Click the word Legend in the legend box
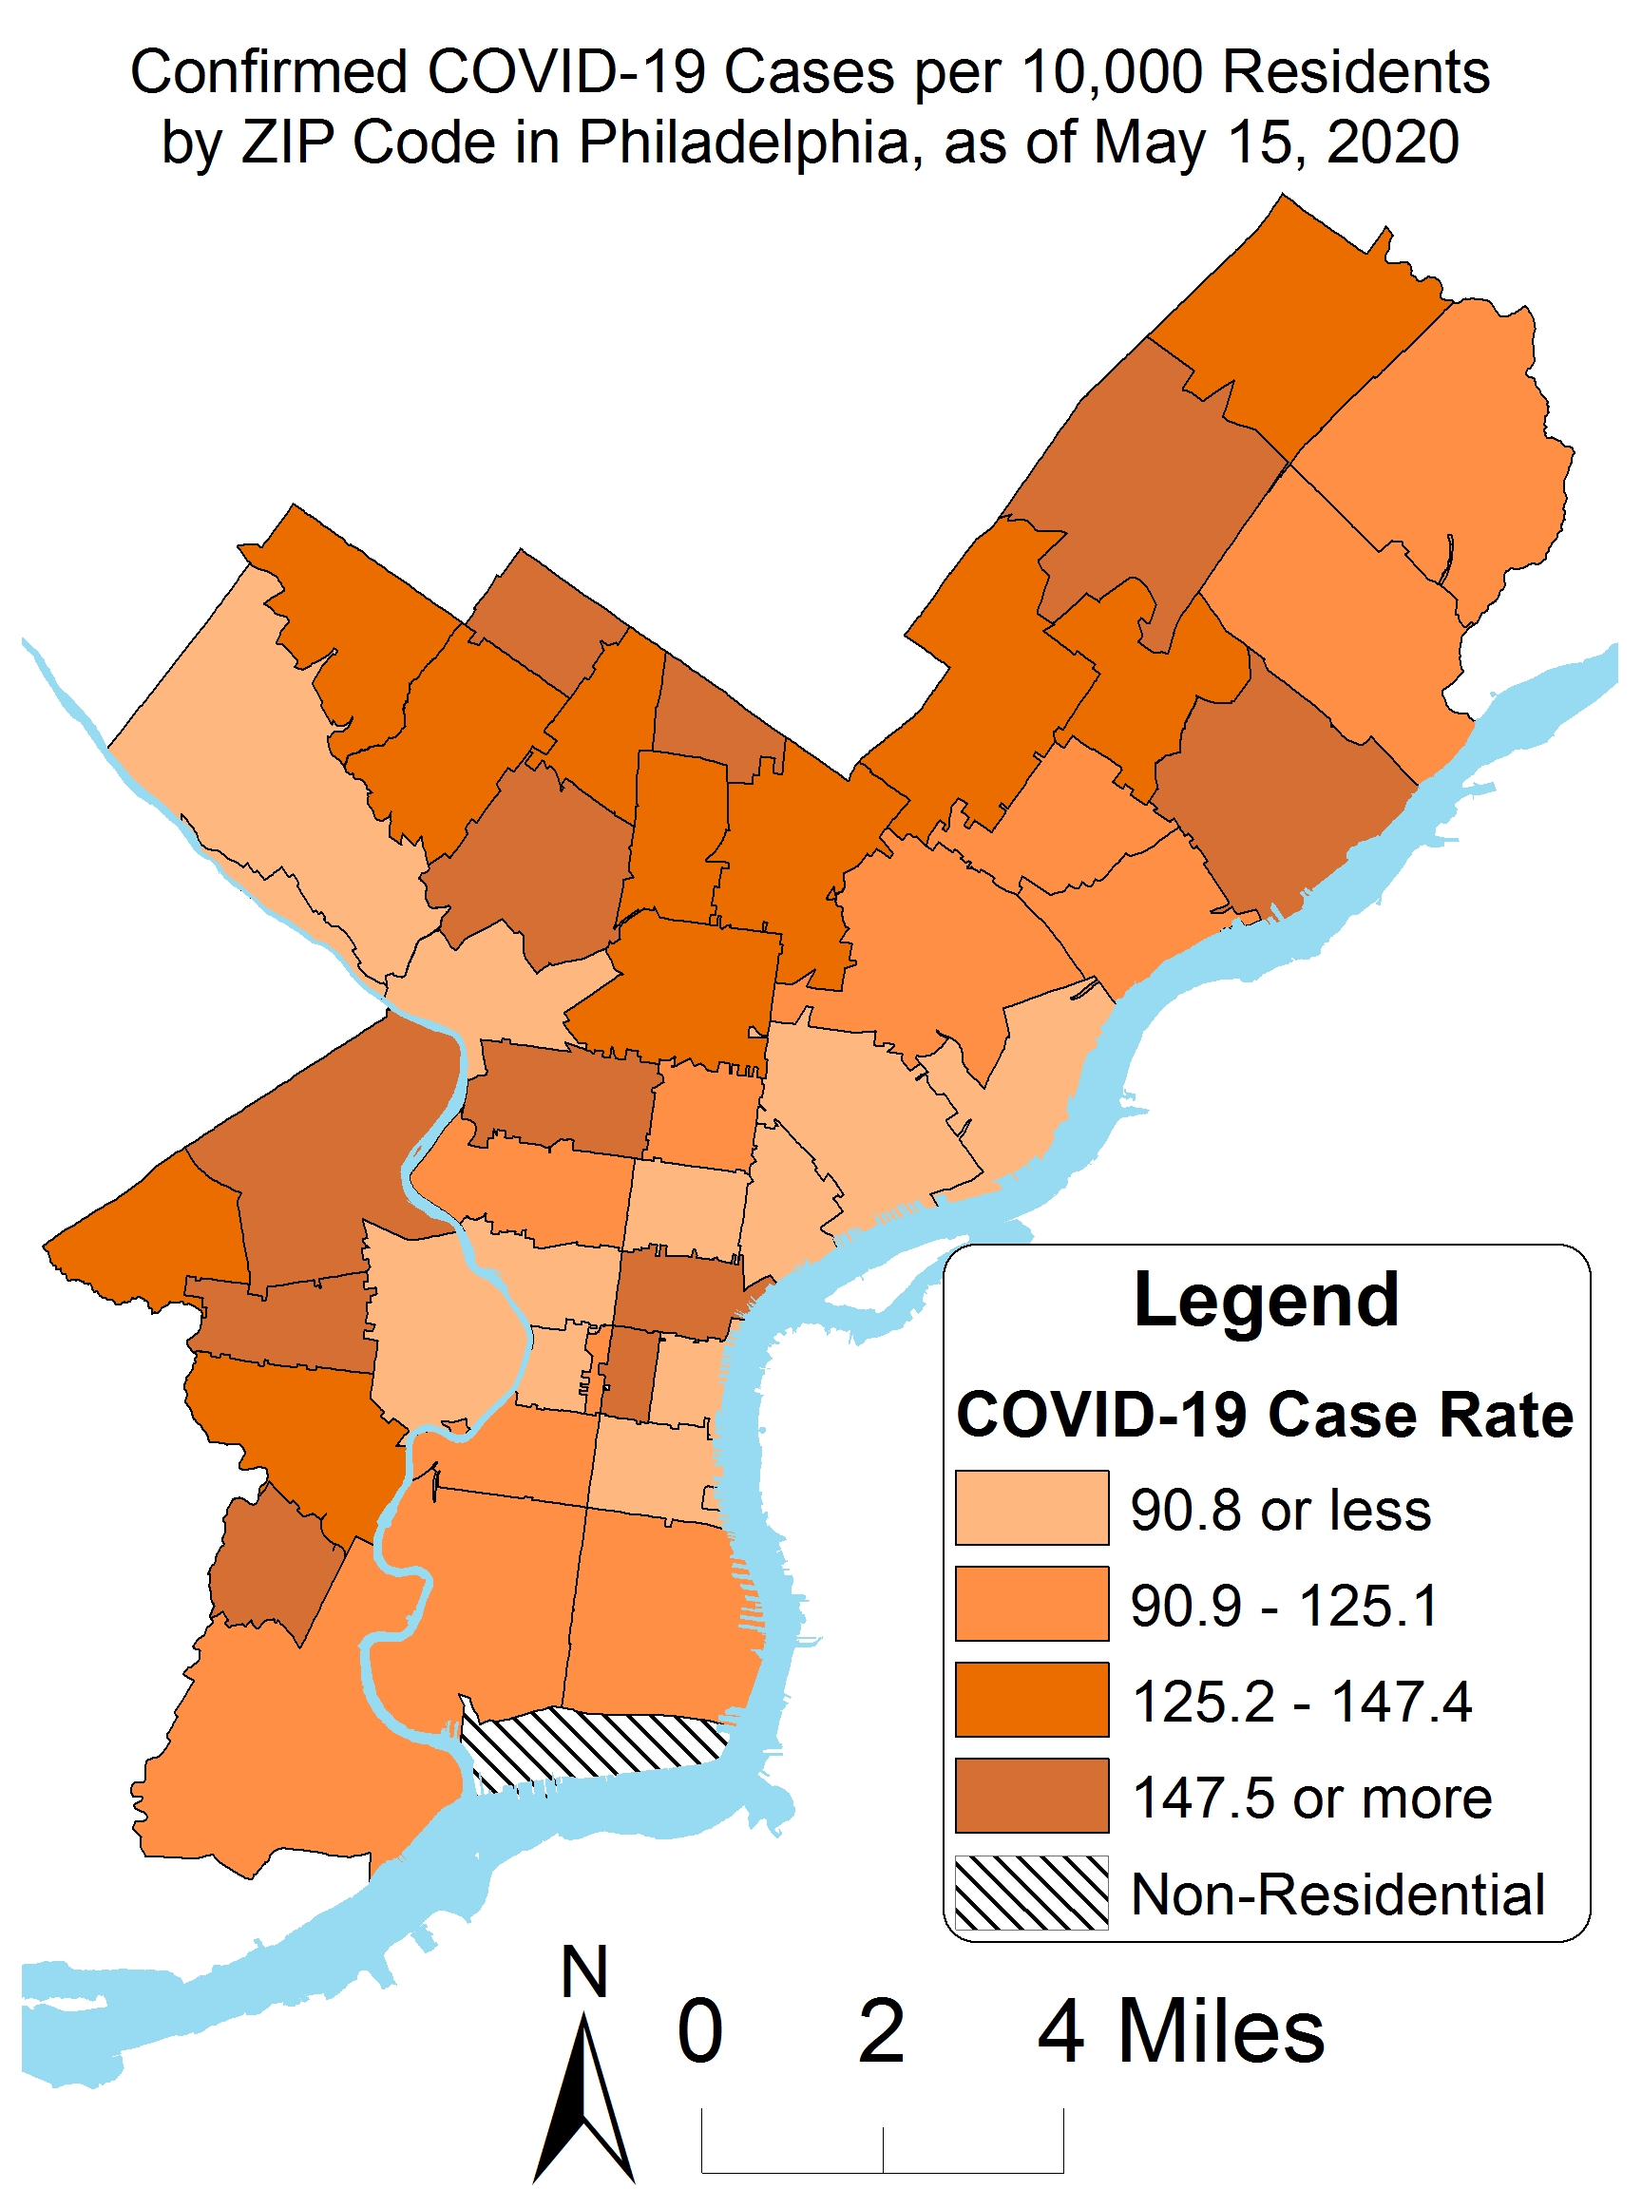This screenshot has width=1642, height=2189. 1265,1300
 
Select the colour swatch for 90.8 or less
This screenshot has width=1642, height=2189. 1030,1506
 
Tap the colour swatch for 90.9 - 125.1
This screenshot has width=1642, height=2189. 1030,1602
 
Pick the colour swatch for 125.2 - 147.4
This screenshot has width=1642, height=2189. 1030,1698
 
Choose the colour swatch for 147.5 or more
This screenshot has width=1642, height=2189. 1030,1794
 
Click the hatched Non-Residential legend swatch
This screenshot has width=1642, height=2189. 1030,1891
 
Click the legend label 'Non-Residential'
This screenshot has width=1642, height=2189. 1336,1894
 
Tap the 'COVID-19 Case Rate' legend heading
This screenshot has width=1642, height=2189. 1264,1414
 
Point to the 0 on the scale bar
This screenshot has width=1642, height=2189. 698,2029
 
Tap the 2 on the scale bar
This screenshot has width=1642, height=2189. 880,2029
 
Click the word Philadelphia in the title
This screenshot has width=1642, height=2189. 742,142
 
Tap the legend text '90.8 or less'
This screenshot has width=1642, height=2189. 1280,1508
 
